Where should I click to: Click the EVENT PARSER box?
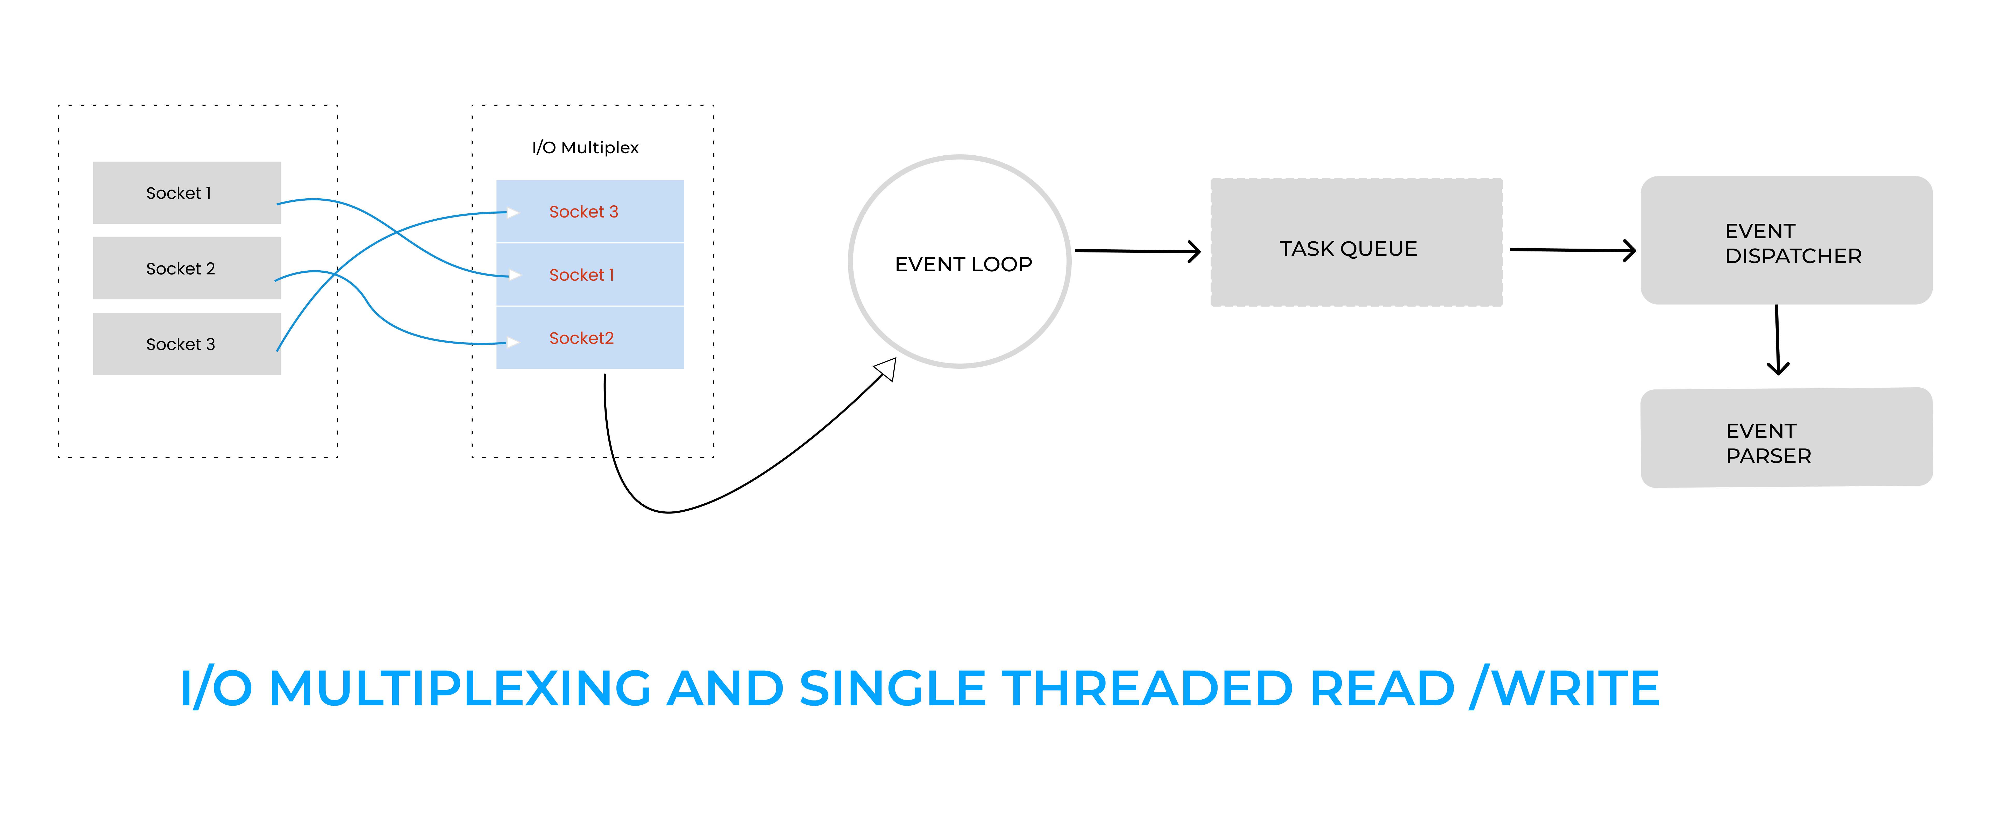[1786, 439]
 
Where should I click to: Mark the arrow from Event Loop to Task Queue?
[1136, 251]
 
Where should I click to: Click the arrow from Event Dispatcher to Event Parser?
[1778, 340]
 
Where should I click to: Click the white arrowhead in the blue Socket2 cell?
[512, 342]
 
